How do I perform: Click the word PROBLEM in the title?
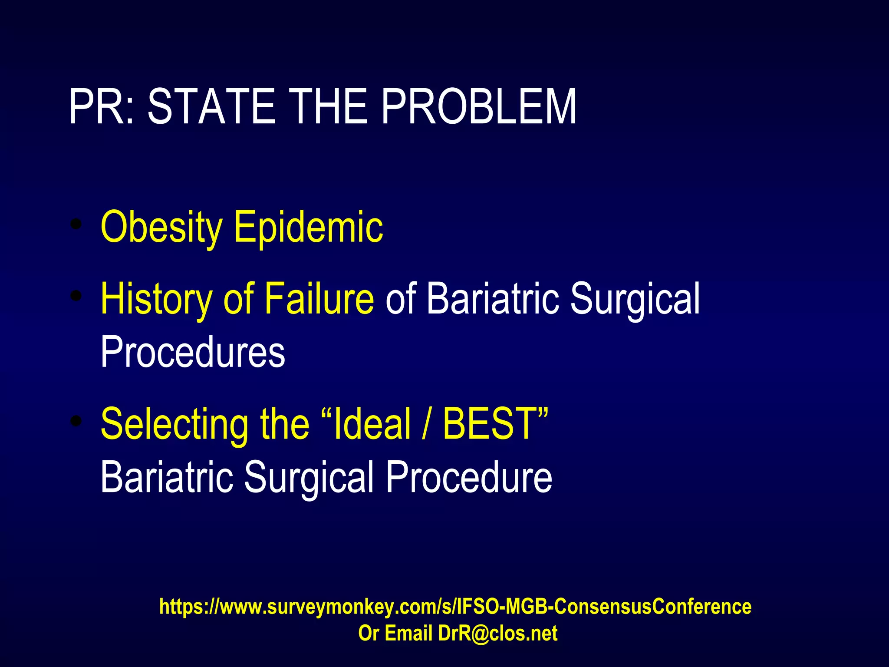(x=478, y=107)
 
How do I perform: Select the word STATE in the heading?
(x=211, y=107)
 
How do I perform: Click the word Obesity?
(x=161, y=227)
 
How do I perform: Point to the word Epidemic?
(x=309, y=227)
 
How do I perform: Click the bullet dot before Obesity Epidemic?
(x=76, y=224)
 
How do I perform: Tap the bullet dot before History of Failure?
(x=76, y=296)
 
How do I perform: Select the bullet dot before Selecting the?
(x=76, y=421)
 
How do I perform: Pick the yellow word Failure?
(x=319, y=299)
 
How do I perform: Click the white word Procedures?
(x=193, y=352)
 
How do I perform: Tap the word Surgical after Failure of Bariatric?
(x=635, y=299)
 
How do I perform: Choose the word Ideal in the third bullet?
(x=372, y=424)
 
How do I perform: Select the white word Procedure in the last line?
(x=469, y=478)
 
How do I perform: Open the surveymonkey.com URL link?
(x=455, y=607)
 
